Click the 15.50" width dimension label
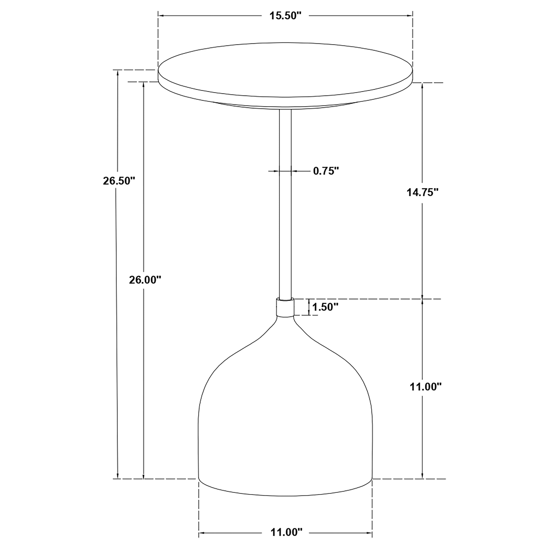click(285, 16)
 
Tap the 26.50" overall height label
click(119, 181)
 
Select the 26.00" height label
click(145, 280)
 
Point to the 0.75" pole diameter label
click(326, 171)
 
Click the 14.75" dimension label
click(423, 192)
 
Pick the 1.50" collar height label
click(325, 307)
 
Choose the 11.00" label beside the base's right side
click(425, 386)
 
